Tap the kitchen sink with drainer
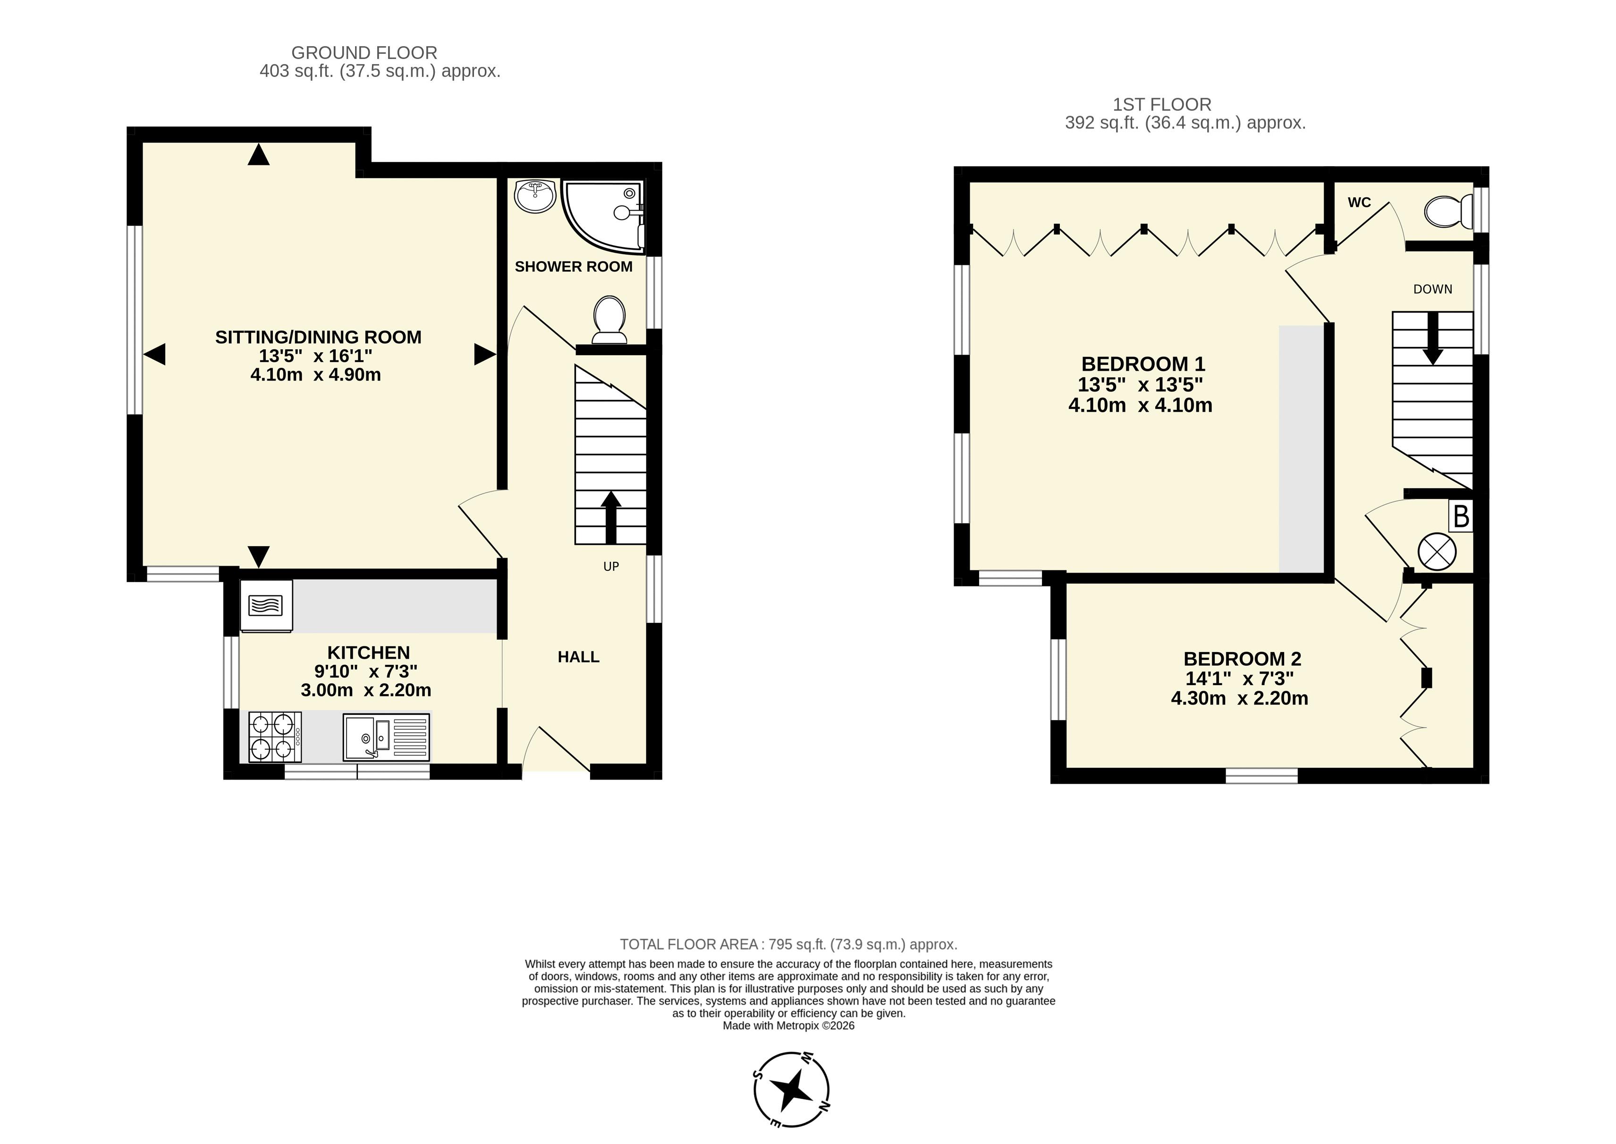pyautogui.click(x=386, y=737)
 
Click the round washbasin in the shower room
pyautogui.click(x=535, y=196)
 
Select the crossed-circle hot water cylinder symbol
pyautogui.click(x=1437, y=551)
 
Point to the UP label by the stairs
pyautogui.click(x=611, y=567)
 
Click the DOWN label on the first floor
pyautogui.click(x=1432, y=289)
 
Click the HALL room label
pyautogui.click(x=578, y=657)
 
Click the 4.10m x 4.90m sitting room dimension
pyautogui.click(x=315, y=375)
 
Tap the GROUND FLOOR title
pyautogui.click(x=364, y=53)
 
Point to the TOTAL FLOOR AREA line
pyautogui.click(x=788, y=944)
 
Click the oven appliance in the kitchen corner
pyautogui.click(x=266, y=605)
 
